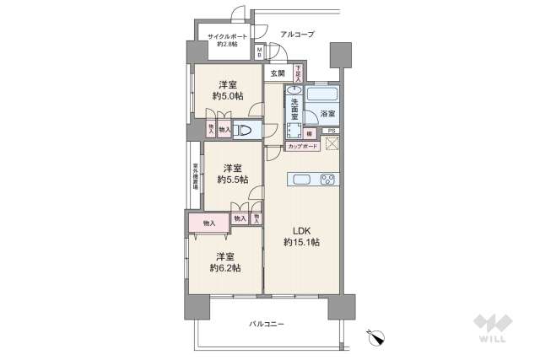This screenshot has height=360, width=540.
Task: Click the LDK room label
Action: tap(301, 229)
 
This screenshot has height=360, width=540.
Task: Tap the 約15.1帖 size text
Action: tap(301, 243)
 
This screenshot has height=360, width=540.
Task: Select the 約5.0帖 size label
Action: tap(227, 97)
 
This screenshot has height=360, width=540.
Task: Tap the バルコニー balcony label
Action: tap(267, 324)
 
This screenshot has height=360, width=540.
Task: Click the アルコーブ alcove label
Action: tap(297, 34)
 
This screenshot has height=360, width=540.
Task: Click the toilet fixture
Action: tap(244, 130)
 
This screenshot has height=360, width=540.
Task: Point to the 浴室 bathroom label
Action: tap(327, 113)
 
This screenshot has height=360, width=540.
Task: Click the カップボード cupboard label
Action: tap(303, 146)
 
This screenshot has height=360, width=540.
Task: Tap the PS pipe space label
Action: tap(332, 131)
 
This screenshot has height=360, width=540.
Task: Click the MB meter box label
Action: tap(261, 53)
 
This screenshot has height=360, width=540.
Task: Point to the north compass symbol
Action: tap(376, 336)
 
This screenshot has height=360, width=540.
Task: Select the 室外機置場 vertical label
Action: tap(195, 175)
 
